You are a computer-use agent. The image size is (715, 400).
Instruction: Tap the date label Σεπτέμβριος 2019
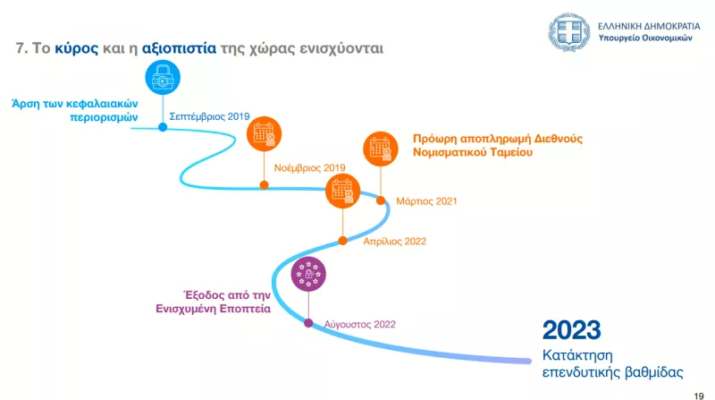tap(209, 116)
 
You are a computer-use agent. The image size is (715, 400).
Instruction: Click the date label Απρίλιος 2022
tap(395, 242)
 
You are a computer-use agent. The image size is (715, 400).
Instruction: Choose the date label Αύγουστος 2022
tap(360, 324)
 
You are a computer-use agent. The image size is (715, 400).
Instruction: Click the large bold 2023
tap(572, 329)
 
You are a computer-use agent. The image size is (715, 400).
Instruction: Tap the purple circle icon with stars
tap(309, 273)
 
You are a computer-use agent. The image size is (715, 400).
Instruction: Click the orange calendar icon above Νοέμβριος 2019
tap(264, 134)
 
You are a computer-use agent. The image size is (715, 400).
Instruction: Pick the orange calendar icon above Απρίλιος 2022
tap(342, 191)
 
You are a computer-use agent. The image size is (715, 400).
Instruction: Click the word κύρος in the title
tap(78, 47)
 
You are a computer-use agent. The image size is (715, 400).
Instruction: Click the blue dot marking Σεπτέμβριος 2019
tap(163, 127)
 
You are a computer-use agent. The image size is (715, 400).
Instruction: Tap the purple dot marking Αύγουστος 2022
tap(309, 324)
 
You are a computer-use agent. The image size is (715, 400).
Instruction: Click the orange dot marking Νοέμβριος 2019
tap(264, 185)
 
